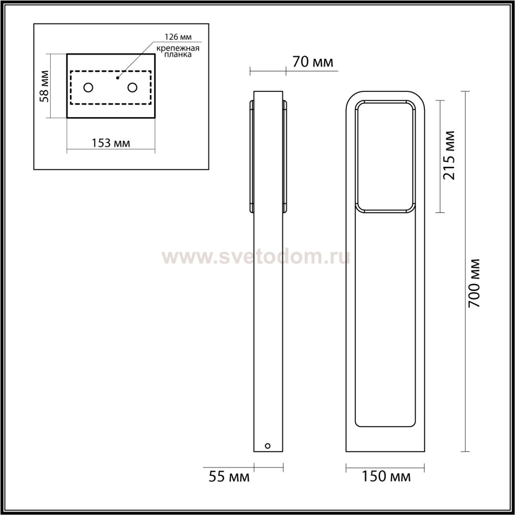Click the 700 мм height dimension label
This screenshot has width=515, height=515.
(x=475, y=283)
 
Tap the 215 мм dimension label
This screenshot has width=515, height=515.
(x=449, y=155)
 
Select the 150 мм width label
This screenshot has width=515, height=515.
(x=386, y=477)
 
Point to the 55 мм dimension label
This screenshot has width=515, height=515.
(x=229, y=477)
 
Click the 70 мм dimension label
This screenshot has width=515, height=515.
(x=313, y=62)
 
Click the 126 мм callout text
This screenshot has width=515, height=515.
(x=178, y=37)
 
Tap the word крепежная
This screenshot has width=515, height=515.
(x=178, y=48)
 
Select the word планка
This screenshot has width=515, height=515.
(x=178, y=55)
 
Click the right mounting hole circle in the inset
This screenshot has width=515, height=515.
(x=132, y=87)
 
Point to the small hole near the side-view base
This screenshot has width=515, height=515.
(x=268, y=446)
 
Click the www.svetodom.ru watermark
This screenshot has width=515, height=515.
(x=255, y=257)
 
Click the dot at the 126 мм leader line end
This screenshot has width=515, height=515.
(x=117, y=77)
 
